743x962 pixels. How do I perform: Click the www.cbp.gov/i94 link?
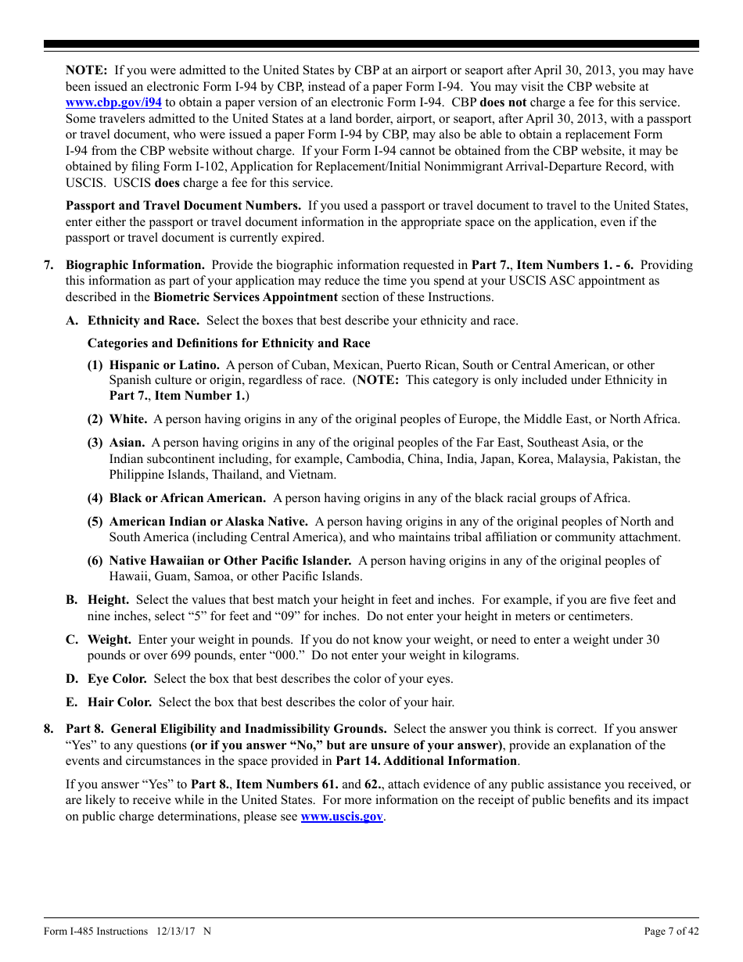113,102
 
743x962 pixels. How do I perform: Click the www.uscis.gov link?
342,816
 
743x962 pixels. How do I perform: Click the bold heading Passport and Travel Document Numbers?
183,206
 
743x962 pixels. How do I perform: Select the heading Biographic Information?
135,265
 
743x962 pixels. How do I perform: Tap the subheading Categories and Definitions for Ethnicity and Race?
228,343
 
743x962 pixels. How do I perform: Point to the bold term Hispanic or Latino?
164,364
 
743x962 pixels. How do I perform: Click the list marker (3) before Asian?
95,443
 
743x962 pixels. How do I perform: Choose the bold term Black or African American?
187,498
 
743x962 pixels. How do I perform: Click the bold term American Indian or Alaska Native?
208,522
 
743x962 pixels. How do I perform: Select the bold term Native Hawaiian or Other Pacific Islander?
230,561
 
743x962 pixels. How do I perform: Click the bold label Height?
109,600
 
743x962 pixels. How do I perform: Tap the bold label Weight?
109,640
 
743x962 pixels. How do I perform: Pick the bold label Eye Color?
117,679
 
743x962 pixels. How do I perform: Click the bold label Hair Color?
120,702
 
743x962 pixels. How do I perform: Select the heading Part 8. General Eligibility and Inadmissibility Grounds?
226,729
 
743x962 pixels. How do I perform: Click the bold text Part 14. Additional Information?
426,760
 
